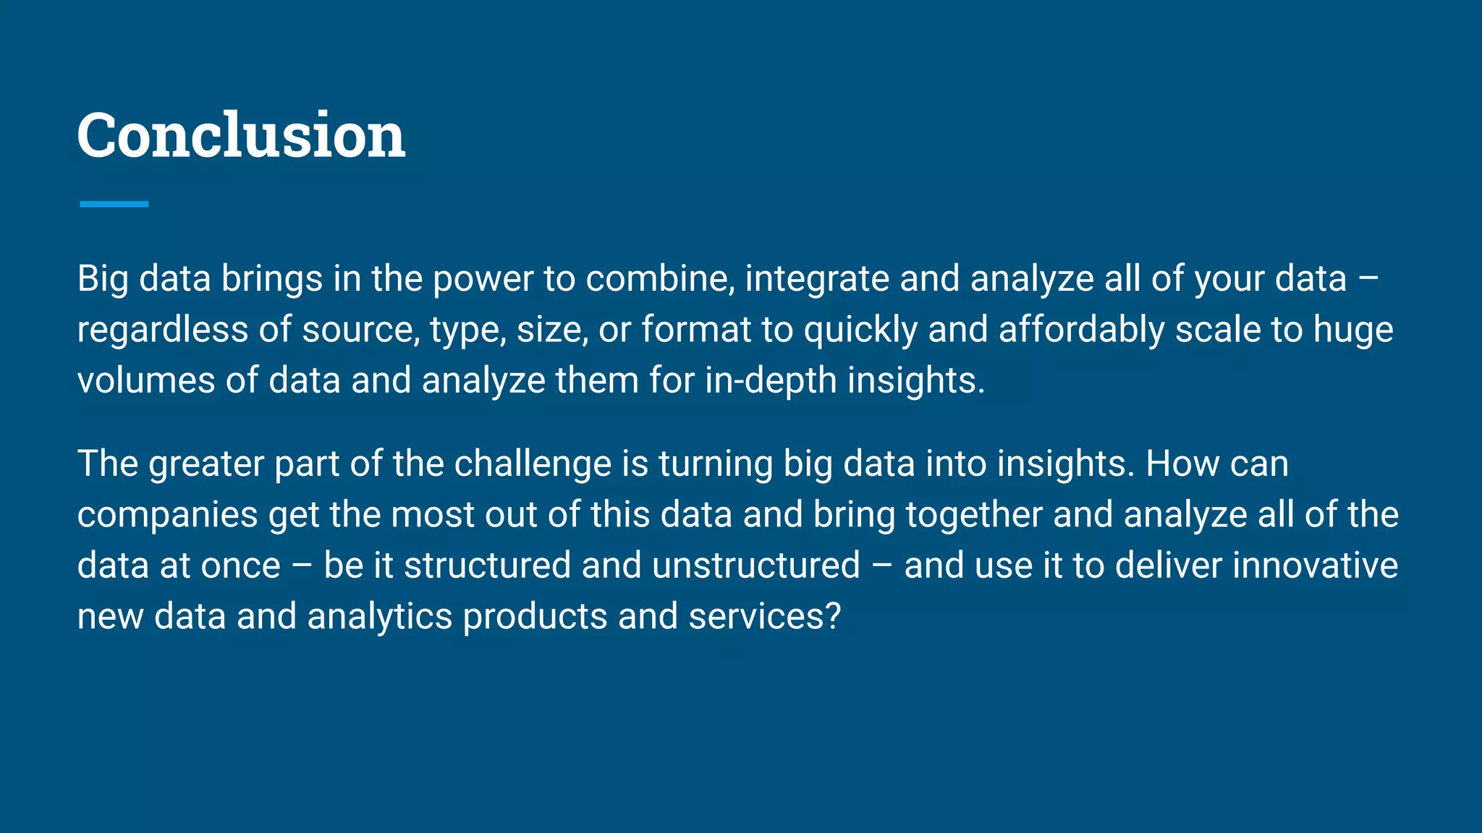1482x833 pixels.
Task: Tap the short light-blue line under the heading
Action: point(114,204)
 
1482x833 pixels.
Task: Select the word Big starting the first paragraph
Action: point(103,279)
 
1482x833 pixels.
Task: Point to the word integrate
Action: point(817,279)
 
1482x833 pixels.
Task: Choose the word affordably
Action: point(1081,330)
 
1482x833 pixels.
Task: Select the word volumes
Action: point(146,380)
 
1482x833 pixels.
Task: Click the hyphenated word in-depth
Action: point(771,380)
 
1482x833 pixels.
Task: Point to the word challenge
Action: point(533,464)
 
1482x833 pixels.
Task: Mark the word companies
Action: point(168,515)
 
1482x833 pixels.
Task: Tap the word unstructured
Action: point(756,565)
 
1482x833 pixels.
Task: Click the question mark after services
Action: point(833,617)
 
